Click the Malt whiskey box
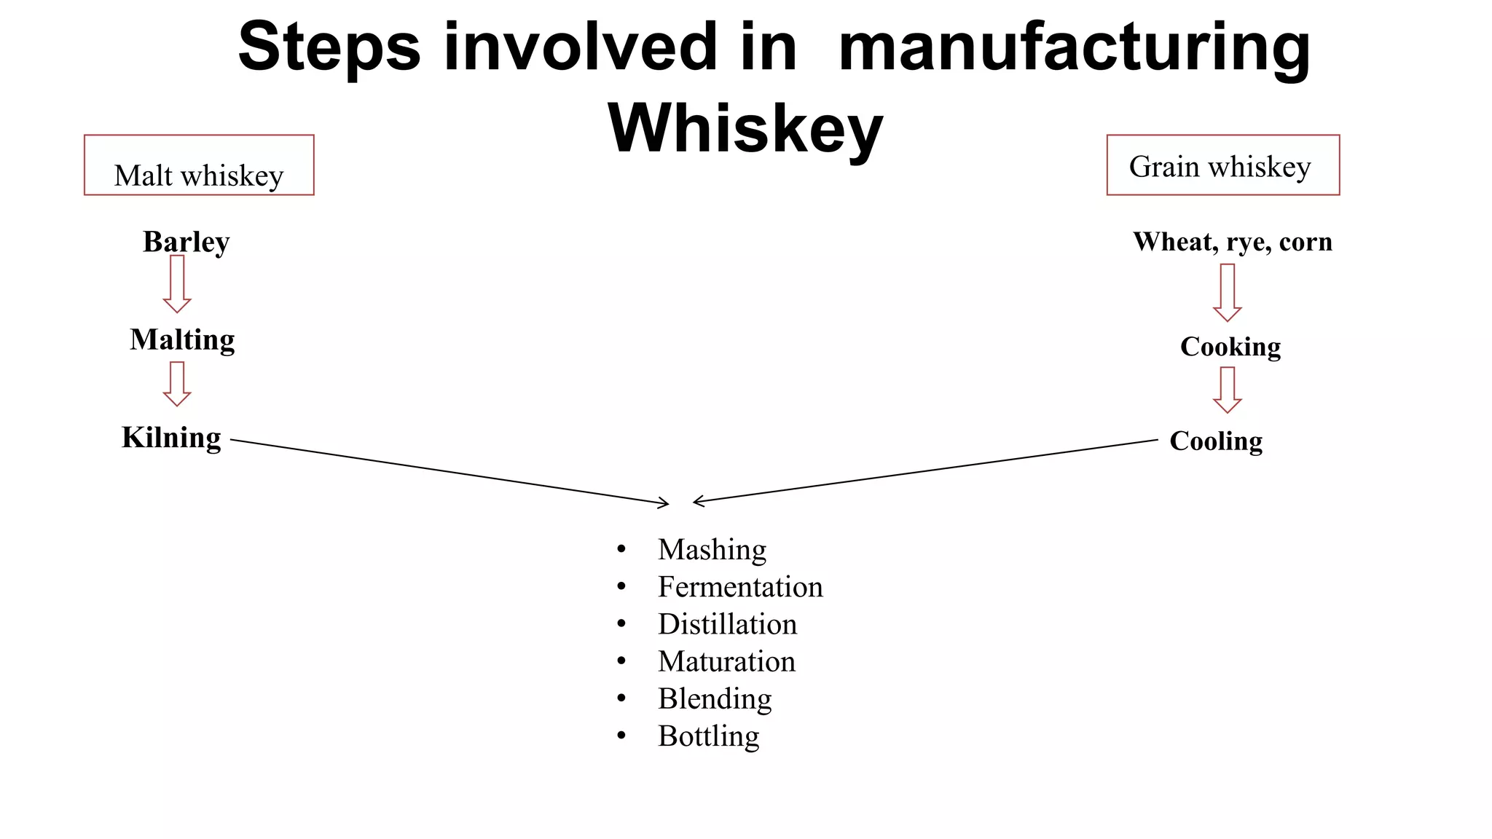pyautogui.click(x=199, y=165)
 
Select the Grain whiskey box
pyautogui.click(x=1222, y=165)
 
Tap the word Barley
pyautogui.click(x=186, y=242)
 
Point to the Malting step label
pyautogui.click(x=182, y=340)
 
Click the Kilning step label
pyautogui.click(x=171, y=438)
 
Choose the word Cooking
pyautogui.click(x=1230, y=347)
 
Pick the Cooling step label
pyautogui.click(x=1216, y=441)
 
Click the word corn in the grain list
pyautogui.click(x=1305, y=242)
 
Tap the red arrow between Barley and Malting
pyautogui.click(x=177, y=284)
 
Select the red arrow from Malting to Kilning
pyautogui.click(x=177, y=384)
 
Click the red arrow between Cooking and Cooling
pyautogui.click(x=1228, y=390)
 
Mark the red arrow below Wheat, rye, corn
pyautogui.click(x=1228, y=292)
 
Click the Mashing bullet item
pyautogui.click(x=712, y=549)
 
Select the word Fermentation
pyautogui.click(x=740, y=587)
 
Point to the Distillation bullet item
pyautogui.click(x=727, y=624)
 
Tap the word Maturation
pyautogui.click(x=726, y=661)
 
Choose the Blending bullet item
pyautogui.click(x=715, y=698)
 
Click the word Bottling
pyautogui.click(x=708, y=736)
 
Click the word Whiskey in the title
pyautogui.click(x=745, y=128)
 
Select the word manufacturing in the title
pyautogui.click(x=1074, y=47)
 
